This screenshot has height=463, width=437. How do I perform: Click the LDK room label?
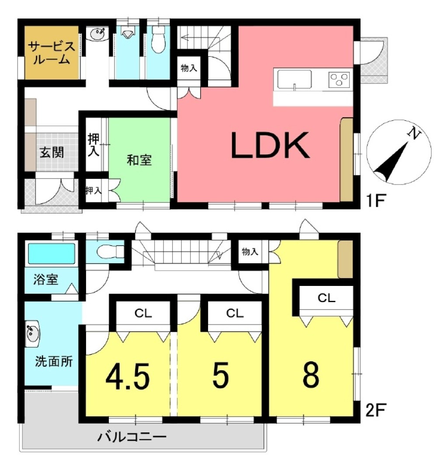pos(271,145)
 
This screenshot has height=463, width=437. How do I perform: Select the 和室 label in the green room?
pos(139,160)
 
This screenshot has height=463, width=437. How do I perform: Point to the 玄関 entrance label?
pos(52,153)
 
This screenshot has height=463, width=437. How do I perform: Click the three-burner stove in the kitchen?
pos(339,79)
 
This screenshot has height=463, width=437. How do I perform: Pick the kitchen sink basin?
pos(294,80)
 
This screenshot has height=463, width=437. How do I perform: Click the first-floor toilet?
pos(159,40)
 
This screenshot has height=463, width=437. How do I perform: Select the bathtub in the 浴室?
pos(51,253)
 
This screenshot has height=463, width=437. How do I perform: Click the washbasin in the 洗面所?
pos(32,334)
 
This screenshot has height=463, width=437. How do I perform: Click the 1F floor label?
pos(375,201)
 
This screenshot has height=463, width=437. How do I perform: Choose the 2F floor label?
pos(375,410)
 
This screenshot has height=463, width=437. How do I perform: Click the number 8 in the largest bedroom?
pos(311,375)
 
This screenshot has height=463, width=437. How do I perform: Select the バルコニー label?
pos(132,436)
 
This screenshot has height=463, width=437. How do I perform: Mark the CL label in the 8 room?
pos(326,298)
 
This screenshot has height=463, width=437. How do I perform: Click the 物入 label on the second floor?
pos(250,252)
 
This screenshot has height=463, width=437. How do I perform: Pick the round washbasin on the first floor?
pos(97,33)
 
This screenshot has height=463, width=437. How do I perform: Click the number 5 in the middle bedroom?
pos(221,375)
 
